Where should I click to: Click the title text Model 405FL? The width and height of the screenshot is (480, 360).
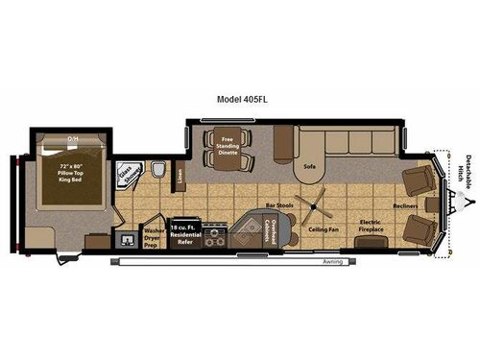point(240,98)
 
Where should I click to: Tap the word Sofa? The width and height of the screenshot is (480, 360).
point(309,166)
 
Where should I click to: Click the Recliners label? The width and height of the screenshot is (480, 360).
point(404,205)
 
